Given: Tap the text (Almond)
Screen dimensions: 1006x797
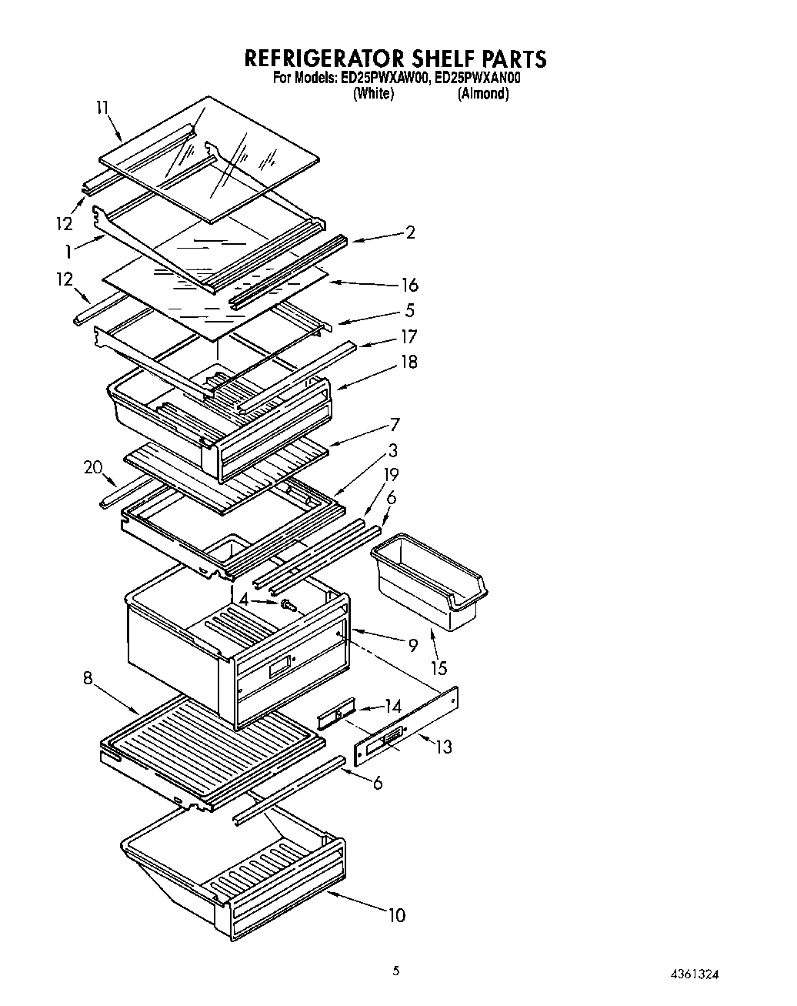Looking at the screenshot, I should (483, 94).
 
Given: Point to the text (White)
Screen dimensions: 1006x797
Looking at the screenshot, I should (373, 94).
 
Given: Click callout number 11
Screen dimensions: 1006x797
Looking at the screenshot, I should (103, 108).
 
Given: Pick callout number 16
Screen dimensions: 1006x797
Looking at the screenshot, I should (409, 286).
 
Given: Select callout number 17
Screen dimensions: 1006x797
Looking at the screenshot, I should (409, 336).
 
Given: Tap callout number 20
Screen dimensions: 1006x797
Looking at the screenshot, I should (93, 467).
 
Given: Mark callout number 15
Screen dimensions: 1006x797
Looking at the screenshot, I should (439, 668).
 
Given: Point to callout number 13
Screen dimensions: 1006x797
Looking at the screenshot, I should (443, 746).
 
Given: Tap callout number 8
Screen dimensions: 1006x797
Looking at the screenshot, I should (88, 678).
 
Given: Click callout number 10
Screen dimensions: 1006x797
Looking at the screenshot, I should (396, 915).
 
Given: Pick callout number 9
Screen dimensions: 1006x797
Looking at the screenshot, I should (413, 645).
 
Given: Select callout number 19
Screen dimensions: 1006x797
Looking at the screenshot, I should (392, 475).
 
